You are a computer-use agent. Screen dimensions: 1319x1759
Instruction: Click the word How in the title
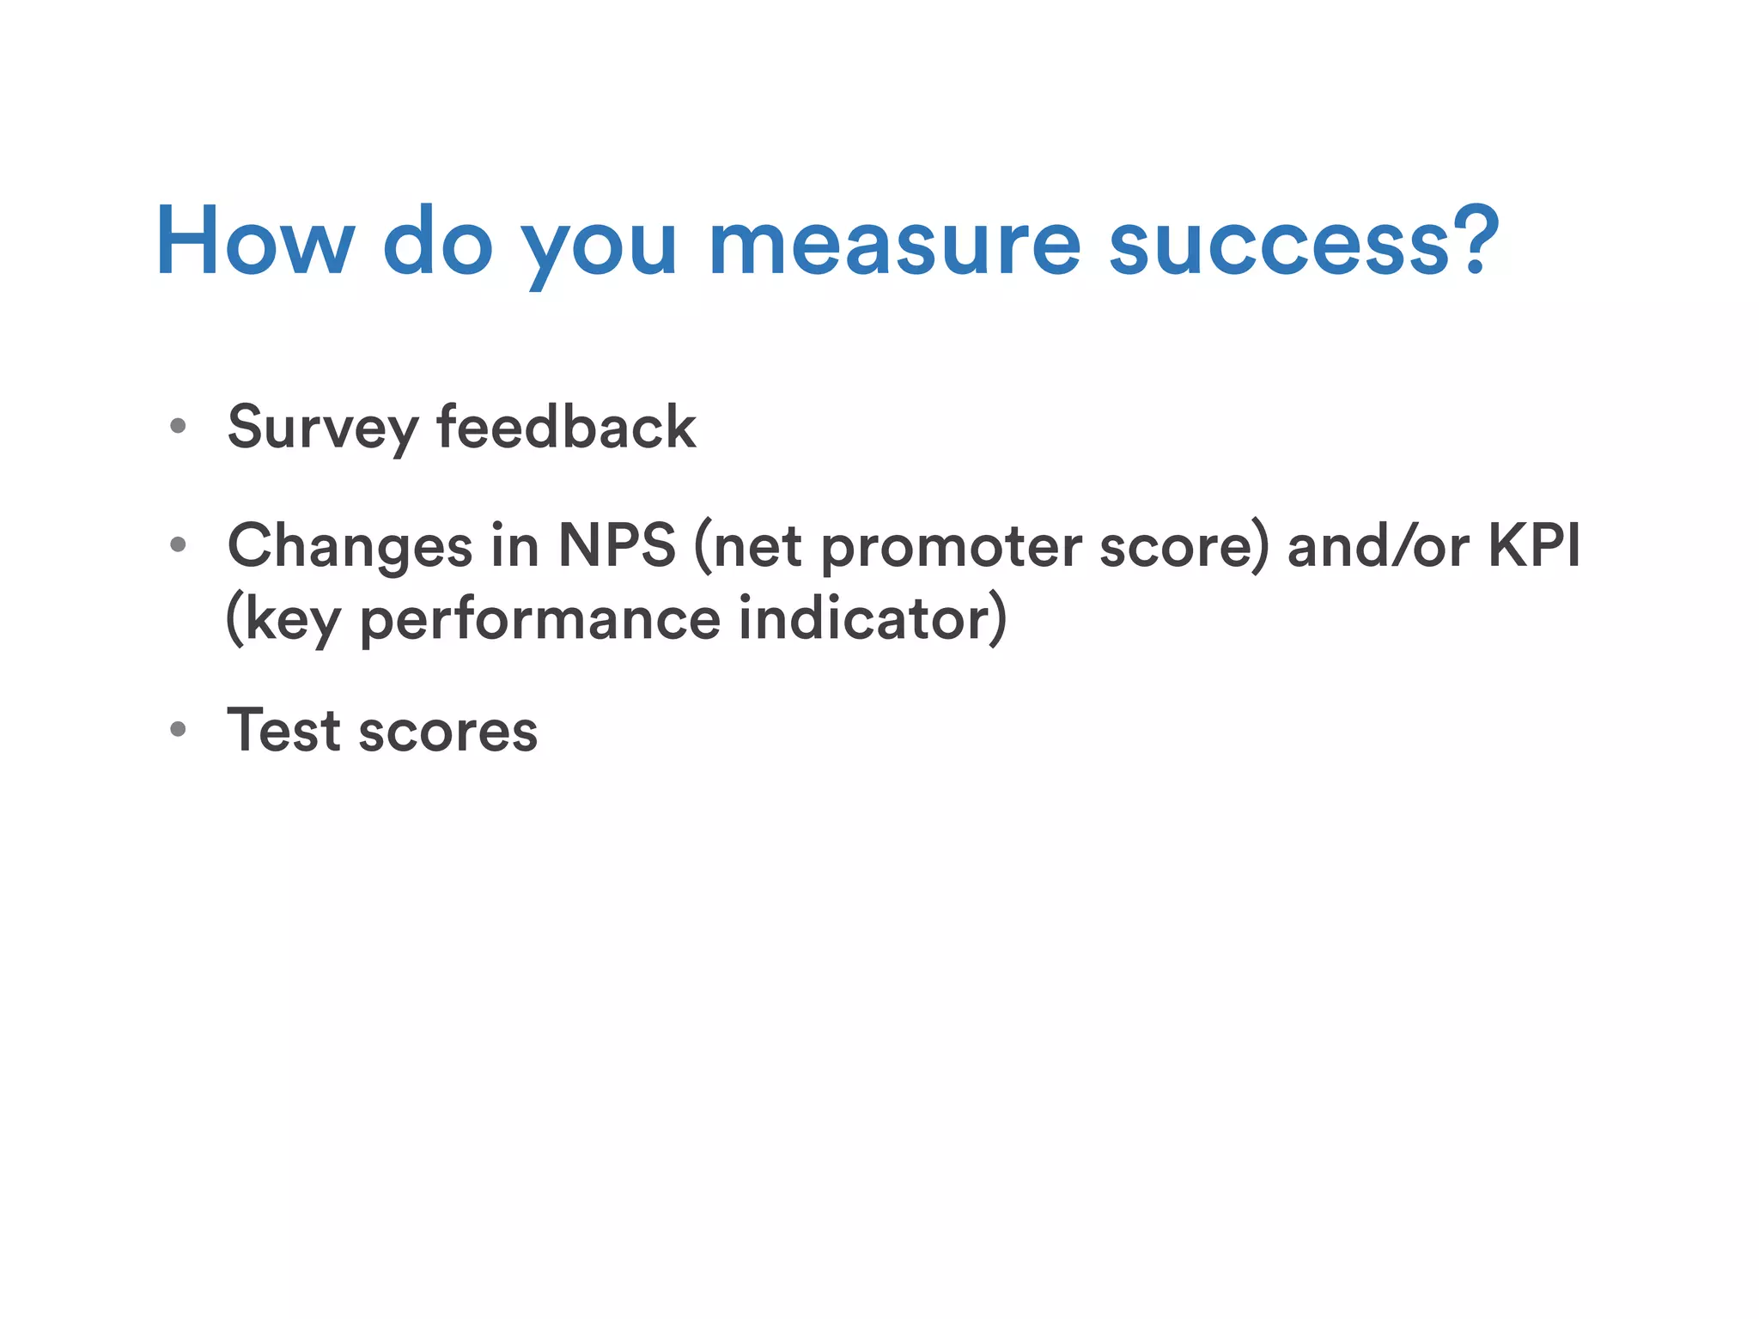[254, 243]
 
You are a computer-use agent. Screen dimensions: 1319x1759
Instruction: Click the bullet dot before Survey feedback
[178, 426]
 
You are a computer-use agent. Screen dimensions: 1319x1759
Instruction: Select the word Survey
[323, 428]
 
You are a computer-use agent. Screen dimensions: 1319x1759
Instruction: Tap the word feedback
[566, 426]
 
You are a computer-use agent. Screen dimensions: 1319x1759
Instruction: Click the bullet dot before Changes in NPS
[178, 544]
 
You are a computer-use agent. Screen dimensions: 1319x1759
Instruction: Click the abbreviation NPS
[617, 545]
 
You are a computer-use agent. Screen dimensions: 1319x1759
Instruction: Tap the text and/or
[1378, 546]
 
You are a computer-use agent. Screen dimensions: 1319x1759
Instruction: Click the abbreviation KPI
[1533, 545]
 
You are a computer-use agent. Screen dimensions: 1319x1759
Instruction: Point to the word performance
[539, 620]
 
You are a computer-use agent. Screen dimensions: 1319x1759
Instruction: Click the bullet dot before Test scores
[178, 730]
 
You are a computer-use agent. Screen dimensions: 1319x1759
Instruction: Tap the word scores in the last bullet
[447, 732]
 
